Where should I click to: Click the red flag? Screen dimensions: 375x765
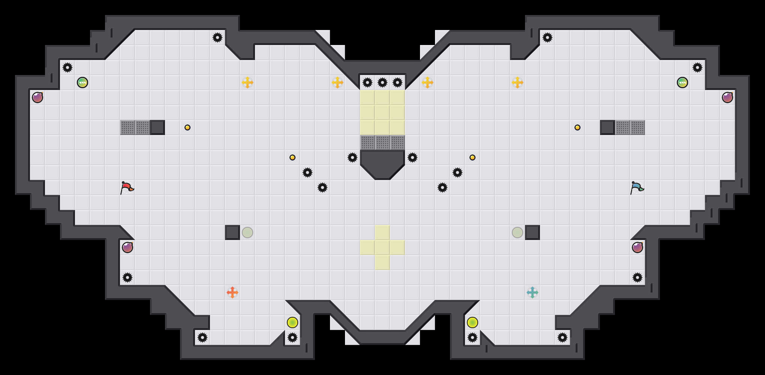[x=127, y=187]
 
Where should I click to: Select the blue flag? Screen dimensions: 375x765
[x=637, y=187]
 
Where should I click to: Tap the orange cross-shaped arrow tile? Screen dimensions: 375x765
[x=232, y=292]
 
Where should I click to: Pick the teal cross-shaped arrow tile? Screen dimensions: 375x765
[x=532, y=292]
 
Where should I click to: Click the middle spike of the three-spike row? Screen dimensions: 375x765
[x=382, y=82]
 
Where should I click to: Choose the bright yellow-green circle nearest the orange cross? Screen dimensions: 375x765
[x=292, y=322]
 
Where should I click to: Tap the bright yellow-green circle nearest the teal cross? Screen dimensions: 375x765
[x=472, y=322]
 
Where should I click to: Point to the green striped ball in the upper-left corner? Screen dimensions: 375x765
[x=82, y=82]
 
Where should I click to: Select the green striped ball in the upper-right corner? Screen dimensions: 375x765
[x=682, y=82]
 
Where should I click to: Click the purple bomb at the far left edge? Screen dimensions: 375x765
[x=37, y=97]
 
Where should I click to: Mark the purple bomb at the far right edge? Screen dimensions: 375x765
[x=727, y=97]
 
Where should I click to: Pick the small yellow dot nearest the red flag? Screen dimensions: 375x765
[x=187, y=127]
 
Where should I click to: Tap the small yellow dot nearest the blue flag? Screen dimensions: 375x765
[x=577, y=127]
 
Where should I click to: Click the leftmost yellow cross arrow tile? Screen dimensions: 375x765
[x=247, y=82]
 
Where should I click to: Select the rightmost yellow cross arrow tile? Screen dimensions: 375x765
[x=517, y=82]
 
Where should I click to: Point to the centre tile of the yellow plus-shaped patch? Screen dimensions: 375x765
[x=382, y=247]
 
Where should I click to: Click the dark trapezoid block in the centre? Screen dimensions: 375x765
[x=382, y=163]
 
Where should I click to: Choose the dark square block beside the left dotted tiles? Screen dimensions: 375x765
[x=157, y=127]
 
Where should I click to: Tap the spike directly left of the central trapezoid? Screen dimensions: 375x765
[x=352, y=157]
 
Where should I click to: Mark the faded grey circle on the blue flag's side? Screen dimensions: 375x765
[x=517, y=232]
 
